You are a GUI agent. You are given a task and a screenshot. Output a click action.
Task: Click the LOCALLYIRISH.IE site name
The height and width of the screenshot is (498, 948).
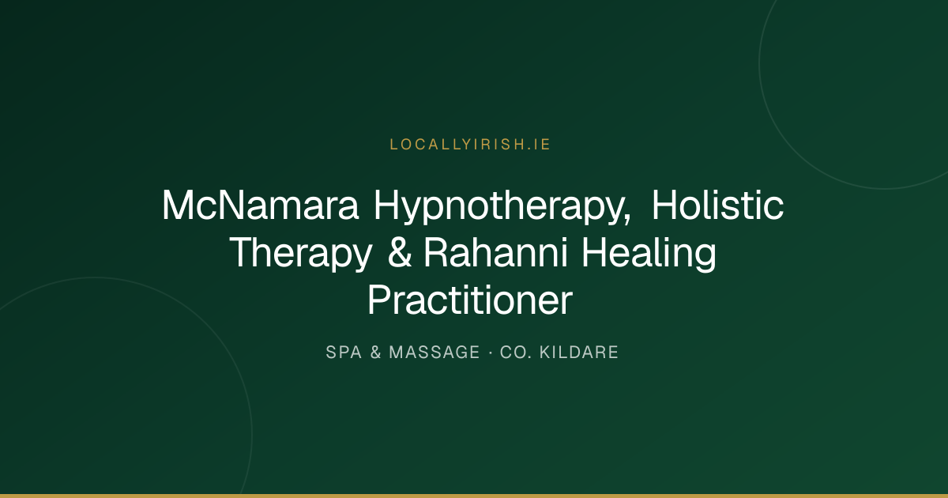pyautogui.click(x=470, y=145)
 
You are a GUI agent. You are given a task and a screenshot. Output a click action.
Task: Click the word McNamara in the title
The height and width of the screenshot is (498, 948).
pyautogui.click(x=260, y=205)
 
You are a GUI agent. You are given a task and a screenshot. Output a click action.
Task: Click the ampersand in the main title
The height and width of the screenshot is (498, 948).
pyautogui.click(x=400, y=252)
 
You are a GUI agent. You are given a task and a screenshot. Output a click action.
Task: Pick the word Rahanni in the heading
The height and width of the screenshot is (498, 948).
pyautogui.click(x=495, y=252)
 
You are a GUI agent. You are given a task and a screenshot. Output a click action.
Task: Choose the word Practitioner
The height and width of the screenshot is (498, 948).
pyautogui.click(x=470, y=300)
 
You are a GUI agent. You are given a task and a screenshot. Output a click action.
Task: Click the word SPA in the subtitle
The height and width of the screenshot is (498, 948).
pyautogui.click(x=344, y=353)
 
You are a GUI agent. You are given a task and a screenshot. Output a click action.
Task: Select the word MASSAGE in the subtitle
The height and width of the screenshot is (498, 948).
pyautogui.click(x=434, y=353)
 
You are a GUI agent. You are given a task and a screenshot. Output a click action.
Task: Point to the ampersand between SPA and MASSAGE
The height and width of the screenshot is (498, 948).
pyautogui.click(x=375, y=353)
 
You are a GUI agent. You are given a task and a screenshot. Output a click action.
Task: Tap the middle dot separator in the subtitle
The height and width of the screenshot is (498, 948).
pyautogui.click(x=490, y=353)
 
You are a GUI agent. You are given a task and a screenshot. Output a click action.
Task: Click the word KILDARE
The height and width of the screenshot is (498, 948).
pyautogui.click(x=579, y=353)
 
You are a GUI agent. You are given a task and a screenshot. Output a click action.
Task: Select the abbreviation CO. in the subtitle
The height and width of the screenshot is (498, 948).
pyautogui.click(x=516, y=353)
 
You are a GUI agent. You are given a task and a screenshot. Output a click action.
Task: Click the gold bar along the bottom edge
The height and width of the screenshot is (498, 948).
pyautogui.click(x=474, y=496)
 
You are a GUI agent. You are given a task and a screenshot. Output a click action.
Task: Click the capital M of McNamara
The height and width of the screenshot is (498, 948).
pyautogui.click(x=178, y=205)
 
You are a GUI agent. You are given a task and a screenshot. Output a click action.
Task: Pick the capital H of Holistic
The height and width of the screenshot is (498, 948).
pyautogui.click(x=665, y=205)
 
